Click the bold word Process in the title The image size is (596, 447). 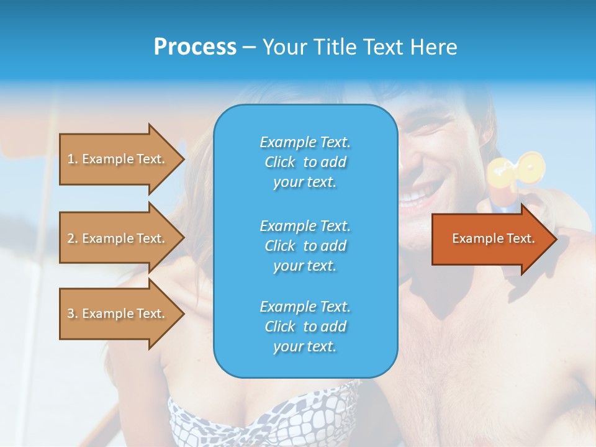click(195, 47)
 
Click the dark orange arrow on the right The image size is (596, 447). click(490, 239)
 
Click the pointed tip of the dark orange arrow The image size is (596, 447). click(556, 239)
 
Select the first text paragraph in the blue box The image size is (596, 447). click(305, 162)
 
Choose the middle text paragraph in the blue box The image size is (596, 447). click(305, 245)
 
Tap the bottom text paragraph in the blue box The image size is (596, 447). click(305, 326)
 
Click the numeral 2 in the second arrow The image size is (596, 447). click(71, 238)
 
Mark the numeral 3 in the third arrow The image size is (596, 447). click(71, 314)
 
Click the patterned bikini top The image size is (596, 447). click(261, 413)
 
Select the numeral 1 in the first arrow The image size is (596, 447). click(71, 159)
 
